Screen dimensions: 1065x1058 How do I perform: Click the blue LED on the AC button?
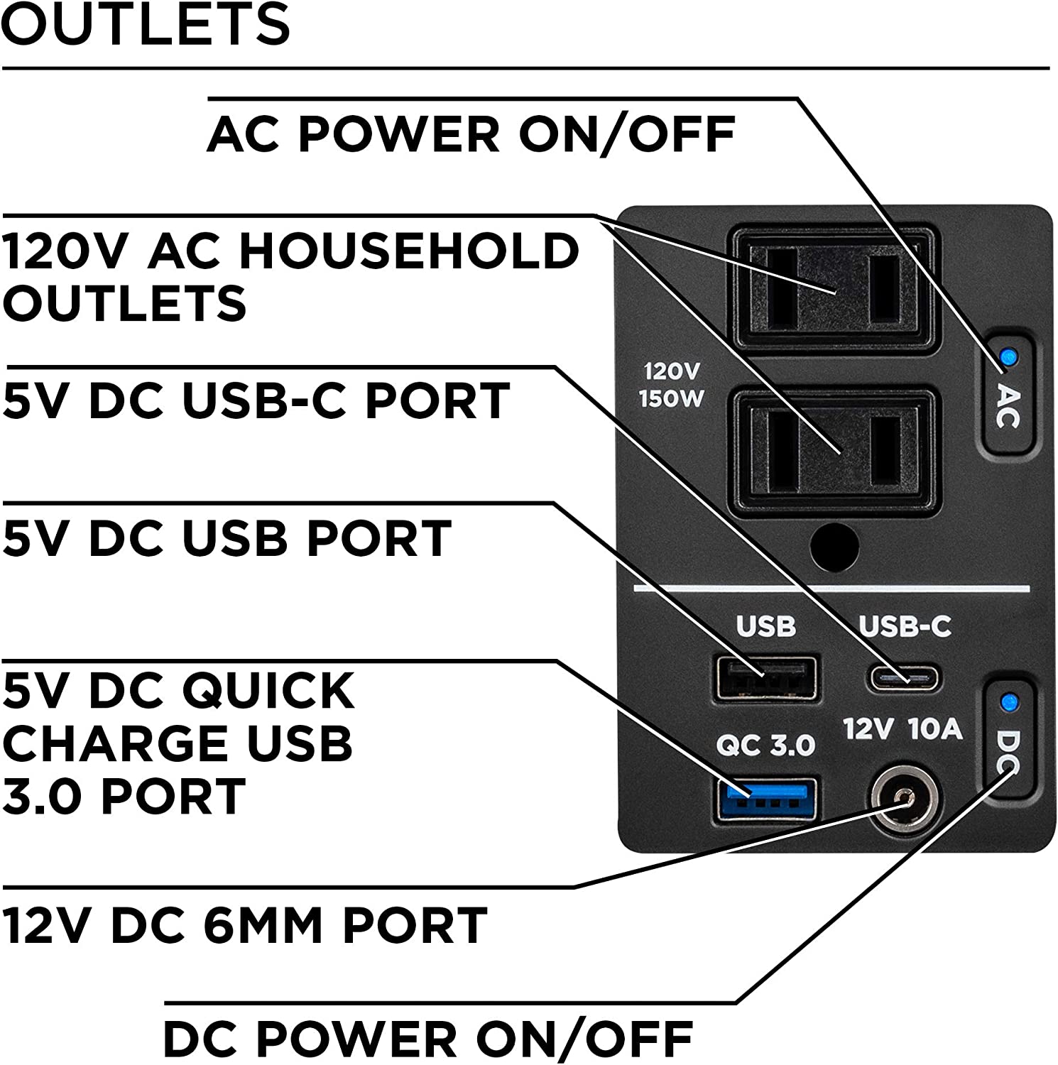pyautogui.click(x=1006, y=356)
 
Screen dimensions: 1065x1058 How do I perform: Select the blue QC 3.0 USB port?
pyautogui.click(x=765, y=799)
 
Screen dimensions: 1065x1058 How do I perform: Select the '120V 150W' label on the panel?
pyautogui.click(x=671, y=386)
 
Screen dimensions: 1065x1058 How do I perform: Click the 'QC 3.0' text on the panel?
pyautogui.click(x=765, y=745)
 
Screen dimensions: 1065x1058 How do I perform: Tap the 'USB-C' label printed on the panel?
pyautogui.click(x=905, y=626)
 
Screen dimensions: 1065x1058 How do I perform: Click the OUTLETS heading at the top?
pyautogui.click(x=146, y=24)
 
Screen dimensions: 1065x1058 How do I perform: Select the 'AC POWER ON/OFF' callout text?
pyautogui.click(x=471, y=133)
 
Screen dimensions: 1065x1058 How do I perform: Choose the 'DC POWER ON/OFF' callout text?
pyautogui.click(x=428, y=1039)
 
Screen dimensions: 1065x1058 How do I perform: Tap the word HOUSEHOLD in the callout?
pyautogui.click(x=410, y=251)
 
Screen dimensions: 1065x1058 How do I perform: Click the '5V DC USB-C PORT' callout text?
pyautogui.click(x=256, y=400)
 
